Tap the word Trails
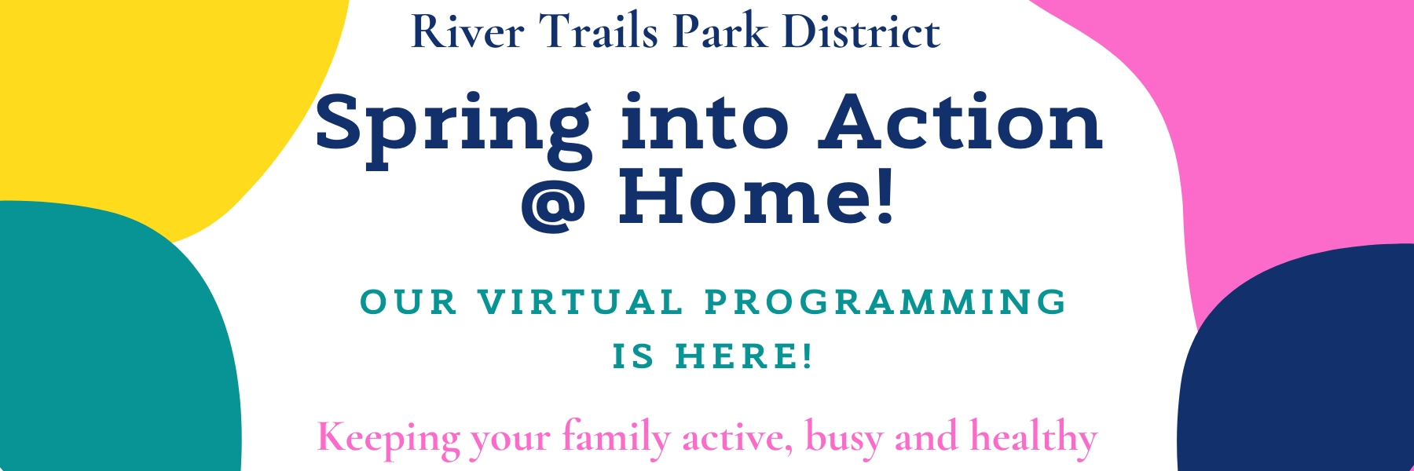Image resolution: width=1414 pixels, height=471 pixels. coord(599,32)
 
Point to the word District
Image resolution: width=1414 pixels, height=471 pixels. coord(862,32)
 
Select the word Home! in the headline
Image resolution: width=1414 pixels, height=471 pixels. coord(756,196)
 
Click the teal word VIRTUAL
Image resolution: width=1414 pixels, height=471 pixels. coord(581,302)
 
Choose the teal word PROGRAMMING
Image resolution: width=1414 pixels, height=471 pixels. coord(885,302)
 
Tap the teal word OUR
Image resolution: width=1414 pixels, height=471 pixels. coord(408,302)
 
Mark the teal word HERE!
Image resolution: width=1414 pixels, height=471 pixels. coord(744,356)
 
